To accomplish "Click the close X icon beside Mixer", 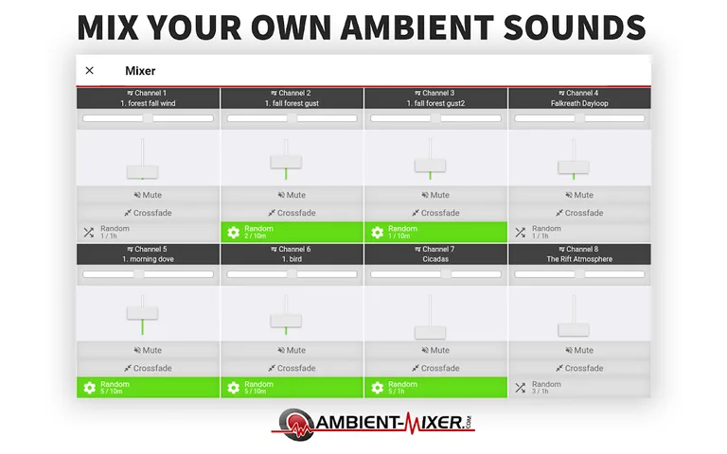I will click(90, 71).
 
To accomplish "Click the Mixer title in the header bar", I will click(140, 71).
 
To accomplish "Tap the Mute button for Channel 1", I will click(148, 196).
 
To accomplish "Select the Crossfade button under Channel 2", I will click(292, 213).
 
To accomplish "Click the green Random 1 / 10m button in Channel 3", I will click(435, 232).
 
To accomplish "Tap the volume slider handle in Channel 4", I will click(573, 167).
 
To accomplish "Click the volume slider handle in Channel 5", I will click(142, 312).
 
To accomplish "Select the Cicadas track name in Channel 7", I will click(435, 259).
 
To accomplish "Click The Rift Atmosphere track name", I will click(579, 259).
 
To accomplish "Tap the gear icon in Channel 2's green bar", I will click(233, 232).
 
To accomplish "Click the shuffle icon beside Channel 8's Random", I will click(520, 387).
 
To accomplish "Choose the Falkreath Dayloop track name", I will click(579, 103).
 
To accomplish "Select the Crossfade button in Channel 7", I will click(435, 368).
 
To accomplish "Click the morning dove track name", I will click(148, 259).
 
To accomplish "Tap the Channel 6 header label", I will click(292, 249).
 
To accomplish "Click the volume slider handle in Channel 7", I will click(430, 332).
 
